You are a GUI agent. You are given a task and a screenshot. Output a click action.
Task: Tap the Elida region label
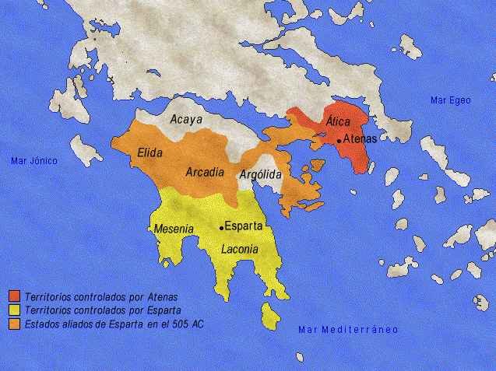tap(150, 153)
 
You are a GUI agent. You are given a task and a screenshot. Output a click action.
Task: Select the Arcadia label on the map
tap(206, 172)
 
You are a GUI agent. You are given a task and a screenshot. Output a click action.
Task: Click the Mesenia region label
tap(174, 229)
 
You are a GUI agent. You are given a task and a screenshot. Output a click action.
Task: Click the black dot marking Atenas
tap(339, 141)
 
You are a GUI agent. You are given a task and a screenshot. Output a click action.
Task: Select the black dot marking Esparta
tap(222, 227)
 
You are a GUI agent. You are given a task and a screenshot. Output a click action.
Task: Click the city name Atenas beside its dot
tap(360, 139)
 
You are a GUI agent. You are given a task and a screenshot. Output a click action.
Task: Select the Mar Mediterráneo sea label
tap(348, 330)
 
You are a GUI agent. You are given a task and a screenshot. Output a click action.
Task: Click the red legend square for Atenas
tap(15, 296)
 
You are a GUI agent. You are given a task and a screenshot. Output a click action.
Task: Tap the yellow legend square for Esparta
tap(15, 309)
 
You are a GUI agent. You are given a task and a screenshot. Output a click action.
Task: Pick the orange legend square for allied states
tap(15, 322)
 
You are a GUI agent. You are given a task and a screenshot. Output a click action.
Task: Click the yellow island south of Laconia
tap(270, 316)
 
